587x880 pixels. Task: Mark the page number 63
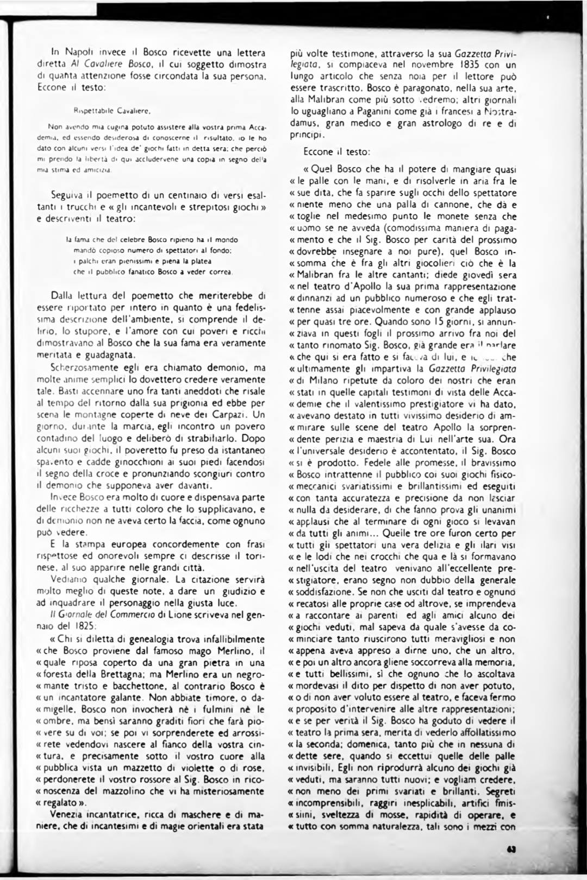point(510,851)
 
